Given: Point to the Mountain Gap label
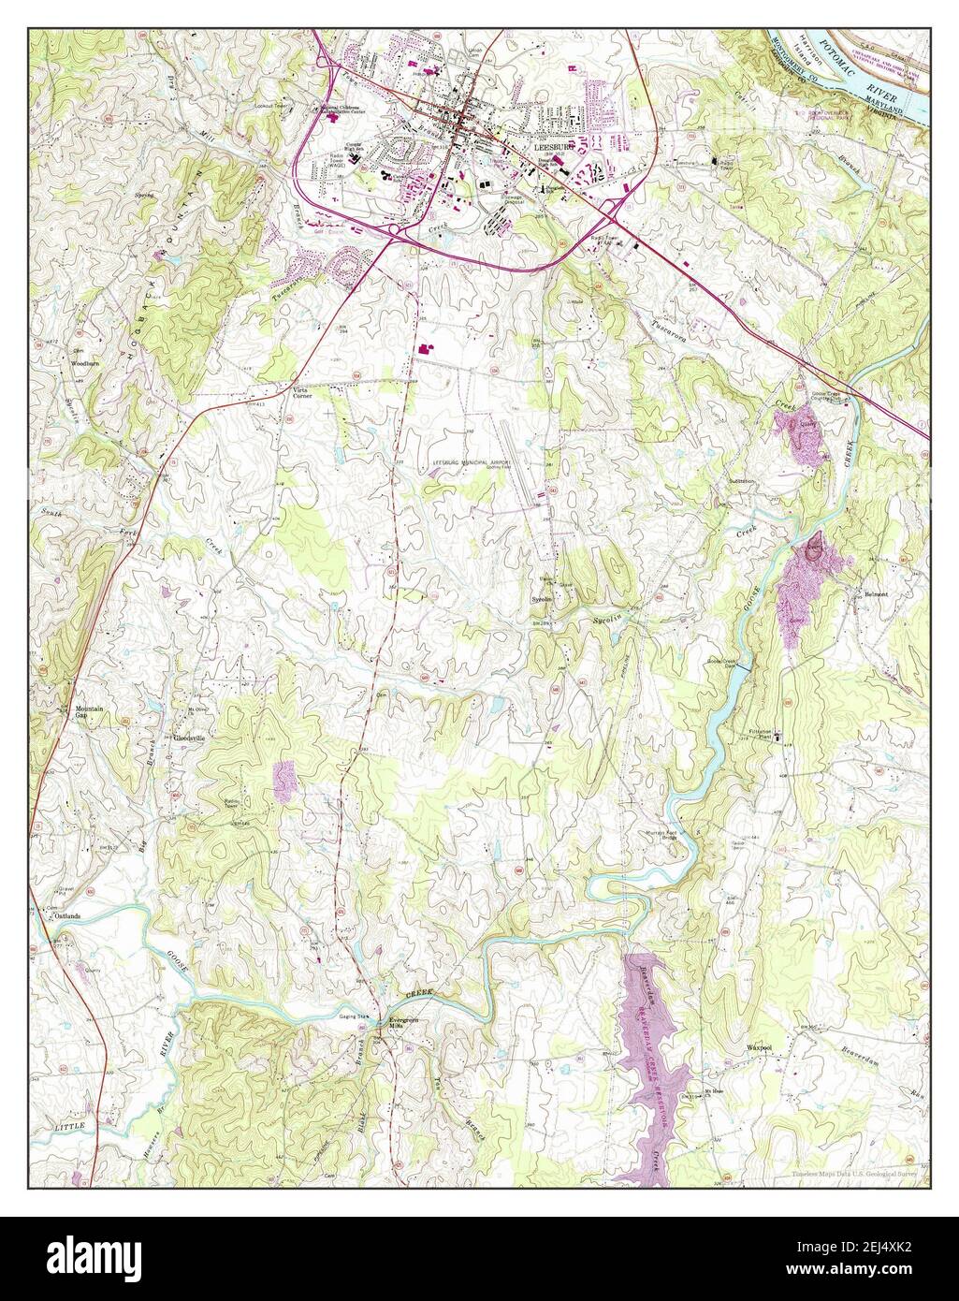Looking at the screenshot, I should pos(90,713).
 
